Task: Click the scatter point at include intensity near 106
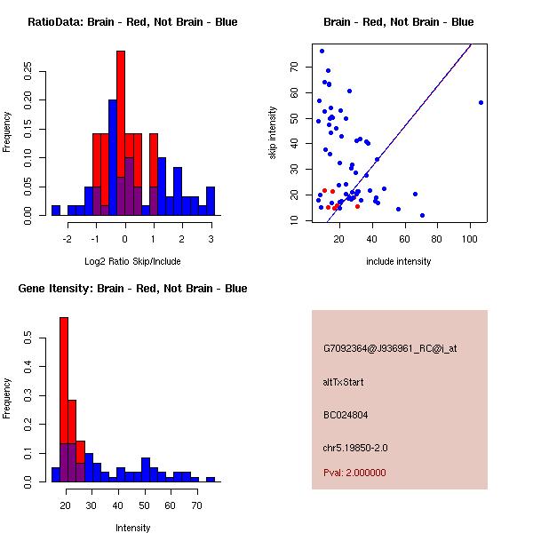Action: [481, 102]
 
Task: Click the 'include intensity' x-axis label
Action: [398, 261]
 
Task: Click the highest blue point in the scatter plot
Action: [322, 51]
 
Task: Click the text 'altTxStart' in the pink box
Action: [344, 382]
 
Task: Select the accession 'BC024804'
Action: [346, 414]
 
